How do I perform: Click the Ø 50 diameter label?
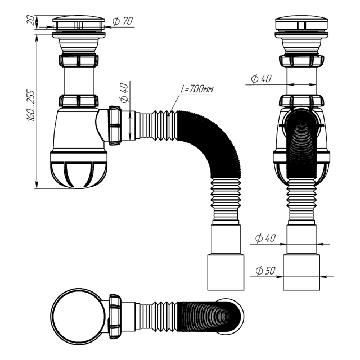pyautogui.click(x=265, y=271)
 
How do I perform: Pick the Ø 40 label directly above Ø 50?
pyautogui.click(x=265, y=238)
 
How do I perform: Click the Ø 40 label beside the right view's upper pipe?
pyautogui.click(x=262, y=79)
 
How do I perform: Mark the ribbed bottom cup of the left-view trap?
pyautogui.click(x=79, y=172)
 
